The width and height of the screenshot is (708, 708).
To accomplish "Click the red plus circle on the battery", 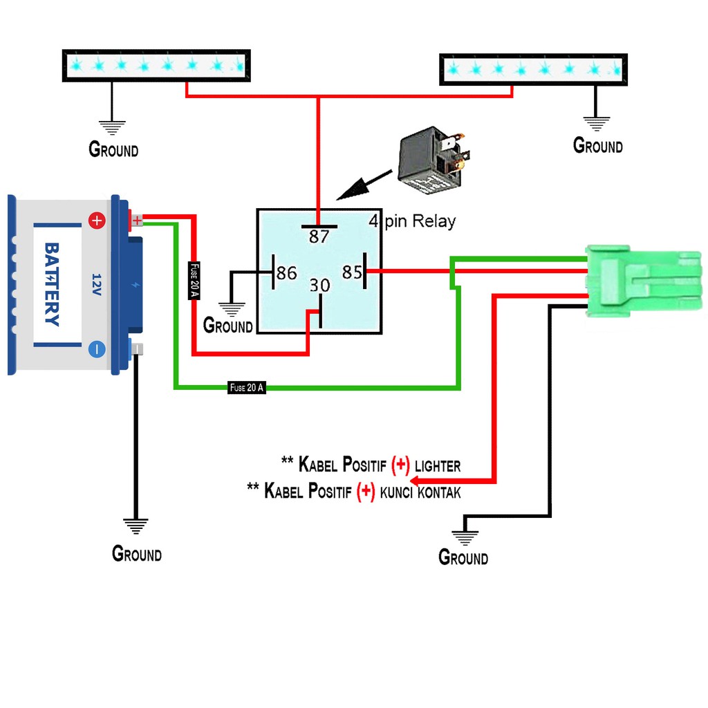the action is point(97,221).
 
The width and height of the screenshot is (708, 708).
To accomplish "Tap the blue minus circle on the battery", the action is point(97,349).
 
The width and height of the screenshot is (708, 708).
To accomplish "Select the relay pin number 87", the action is point(319,236).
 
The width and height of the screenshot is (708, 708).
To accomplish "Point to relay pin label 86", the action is point(287,272).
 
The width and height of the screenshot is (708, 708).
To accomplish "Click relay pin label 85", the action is point(352,272).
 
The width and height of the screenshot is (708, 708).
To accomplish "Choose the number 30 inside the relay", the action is point(319,286).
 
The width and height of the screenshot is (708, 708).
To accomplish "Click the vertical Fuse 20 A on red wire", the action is point(194,281).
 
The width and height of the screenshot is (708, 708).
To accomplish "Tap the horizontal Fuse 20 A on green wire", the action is point(247,387).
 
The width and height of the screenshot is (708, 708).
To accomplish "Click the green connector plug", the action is point(644,281).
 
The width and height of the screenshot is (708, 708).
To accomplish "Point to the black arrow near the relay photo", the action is point(364,185).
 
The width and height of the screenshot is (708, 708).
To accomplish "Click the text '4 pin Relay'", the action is point(412,221).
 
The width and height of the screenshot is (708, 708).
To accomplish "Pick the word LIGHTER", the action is point(438,466).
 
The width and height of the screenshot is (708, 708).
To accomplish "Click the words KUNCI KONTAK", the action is point(420,492).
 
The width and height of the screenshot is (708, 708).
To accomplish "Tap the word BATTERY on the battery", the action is point(52,284).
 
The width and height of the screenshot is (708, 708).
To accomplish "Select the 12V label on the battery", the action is point(96,284).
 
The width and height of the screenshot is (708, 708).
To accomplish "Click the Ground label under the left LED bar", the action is point(113,149).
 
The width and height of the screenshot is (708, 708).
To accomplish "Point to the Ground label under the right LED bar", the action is point(598,145).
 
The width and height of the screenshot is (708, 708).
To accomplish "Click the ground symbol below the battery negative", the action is point(136,526).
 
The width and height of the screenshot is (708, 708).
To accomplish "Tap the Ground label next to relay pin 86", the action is point(227,325).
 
